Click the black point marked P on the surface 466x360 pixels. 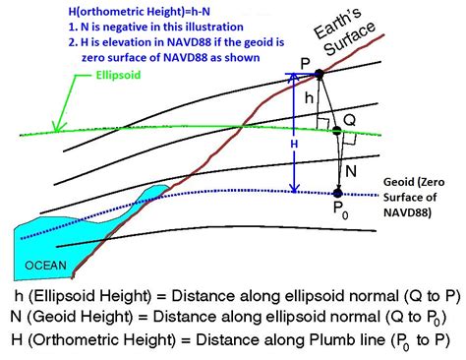(x=319, y=74)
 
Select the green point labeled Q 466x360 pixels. (x=336, y=131)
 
